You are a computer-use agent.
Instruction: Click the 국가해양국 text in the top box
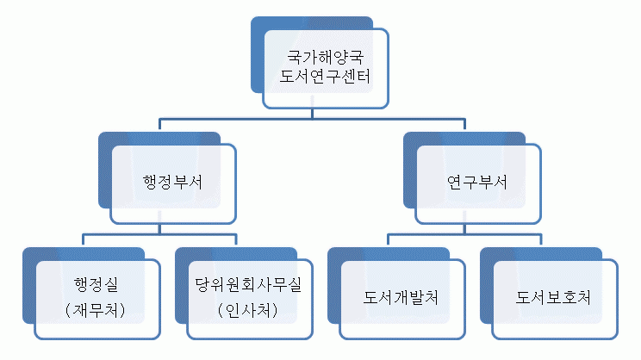(x=325, y=57)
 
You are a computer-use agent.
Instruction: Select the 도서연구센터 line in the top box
(x=325, y=77)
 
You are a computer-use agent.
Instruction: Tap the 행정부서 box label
(x=172, y=183)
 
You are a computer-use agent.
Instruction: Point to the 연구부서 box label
(x=477, y=183)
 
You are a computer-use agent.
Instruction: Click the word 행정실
(x=96, y=284)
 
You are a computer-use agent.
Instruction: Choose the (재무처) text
(x=96, y=310)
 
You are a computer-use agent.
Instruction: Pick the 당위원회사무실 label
(x=248, y=284)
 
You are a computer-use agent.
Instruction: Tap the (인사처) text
(x=248, y=310)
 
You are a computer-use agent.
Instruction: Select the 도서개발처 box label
(x=401, y=297)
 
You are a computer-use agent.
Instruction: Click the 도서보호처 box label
(x=553, y=297)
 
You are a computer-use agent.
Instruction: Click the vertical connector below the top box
(x=313, y=114)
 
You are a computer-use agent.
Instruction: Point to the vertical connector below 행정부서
(x=160, y=229)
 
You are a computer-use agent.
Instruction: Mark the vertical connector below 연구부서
(x=464, y=229)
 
